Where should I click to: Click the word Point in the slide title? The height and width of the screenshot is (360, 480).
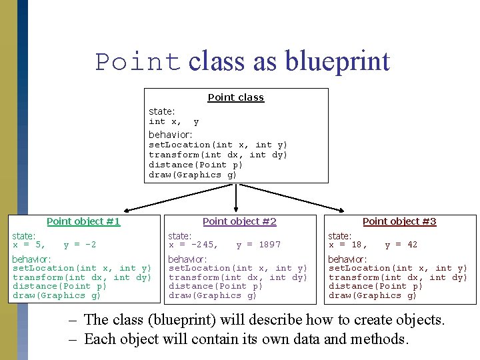pyautogui.click(x=138, y=61)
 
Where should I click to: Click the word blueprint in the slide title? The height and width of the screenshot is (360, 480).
pyautogui.click(x=337, y=61)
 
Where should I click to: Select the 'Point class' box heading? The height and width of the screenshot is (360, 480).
pyautogui.click(x=236, y=97)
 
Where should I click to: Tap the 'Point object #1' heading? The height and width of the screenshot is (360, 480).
pyautogui.click(x=83, y=221)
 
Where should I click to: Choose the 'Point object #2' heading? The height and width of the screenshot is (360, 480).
pyautogui.click(x=239, y=221)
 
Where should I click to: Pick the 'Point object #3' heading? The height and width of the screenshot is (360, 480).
pyautogui.click(x=399, y=221)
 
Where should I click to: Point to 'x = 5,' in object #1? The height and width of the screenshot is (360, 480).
pyautogui.click(x=29, y=245)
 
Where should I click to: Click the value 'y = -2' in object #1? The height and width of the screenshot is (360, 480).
pyautogui.click(x=80, y=245)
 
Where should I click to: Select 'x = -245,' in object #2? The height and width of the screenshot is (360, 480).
pyautogui.click(x=193, y=245)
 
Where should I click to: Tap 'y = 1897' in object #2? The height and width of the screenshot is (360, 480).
pyautogui.click(x=259, y=245)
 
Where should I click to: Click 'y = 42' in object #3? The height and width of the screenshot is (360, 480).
pyautogui.click(x=401, y=245)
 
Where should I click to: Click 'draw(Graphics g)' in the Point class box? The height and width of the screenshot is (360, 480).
pyautogui.click(x=193, y=175)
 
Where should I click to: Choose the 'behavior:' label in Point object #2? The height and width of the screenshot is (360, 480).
pyautogui.click(x=188, y=259)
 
